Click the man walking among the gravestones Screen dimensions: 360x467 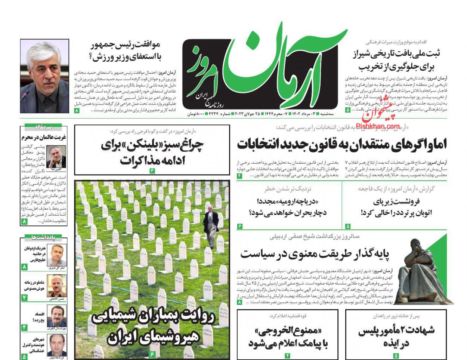(211, 227)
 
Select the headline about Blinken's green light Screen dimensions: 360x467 (152, 153)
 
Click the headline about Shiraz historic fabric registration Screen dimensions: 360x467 (397, 60)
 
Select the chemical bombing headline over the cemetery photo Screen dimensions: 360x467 (152, 327)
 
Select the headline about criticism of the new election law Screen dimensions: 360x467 (342, 144)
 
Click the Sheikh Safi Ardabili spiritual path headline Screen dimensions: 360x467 (315, 254)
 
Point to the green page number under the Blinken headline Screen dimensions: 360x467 (152, 171)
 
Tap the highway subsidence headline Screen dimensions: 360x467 (397, 207)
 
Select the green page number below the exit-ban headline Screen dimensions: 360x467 (288, 356)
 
